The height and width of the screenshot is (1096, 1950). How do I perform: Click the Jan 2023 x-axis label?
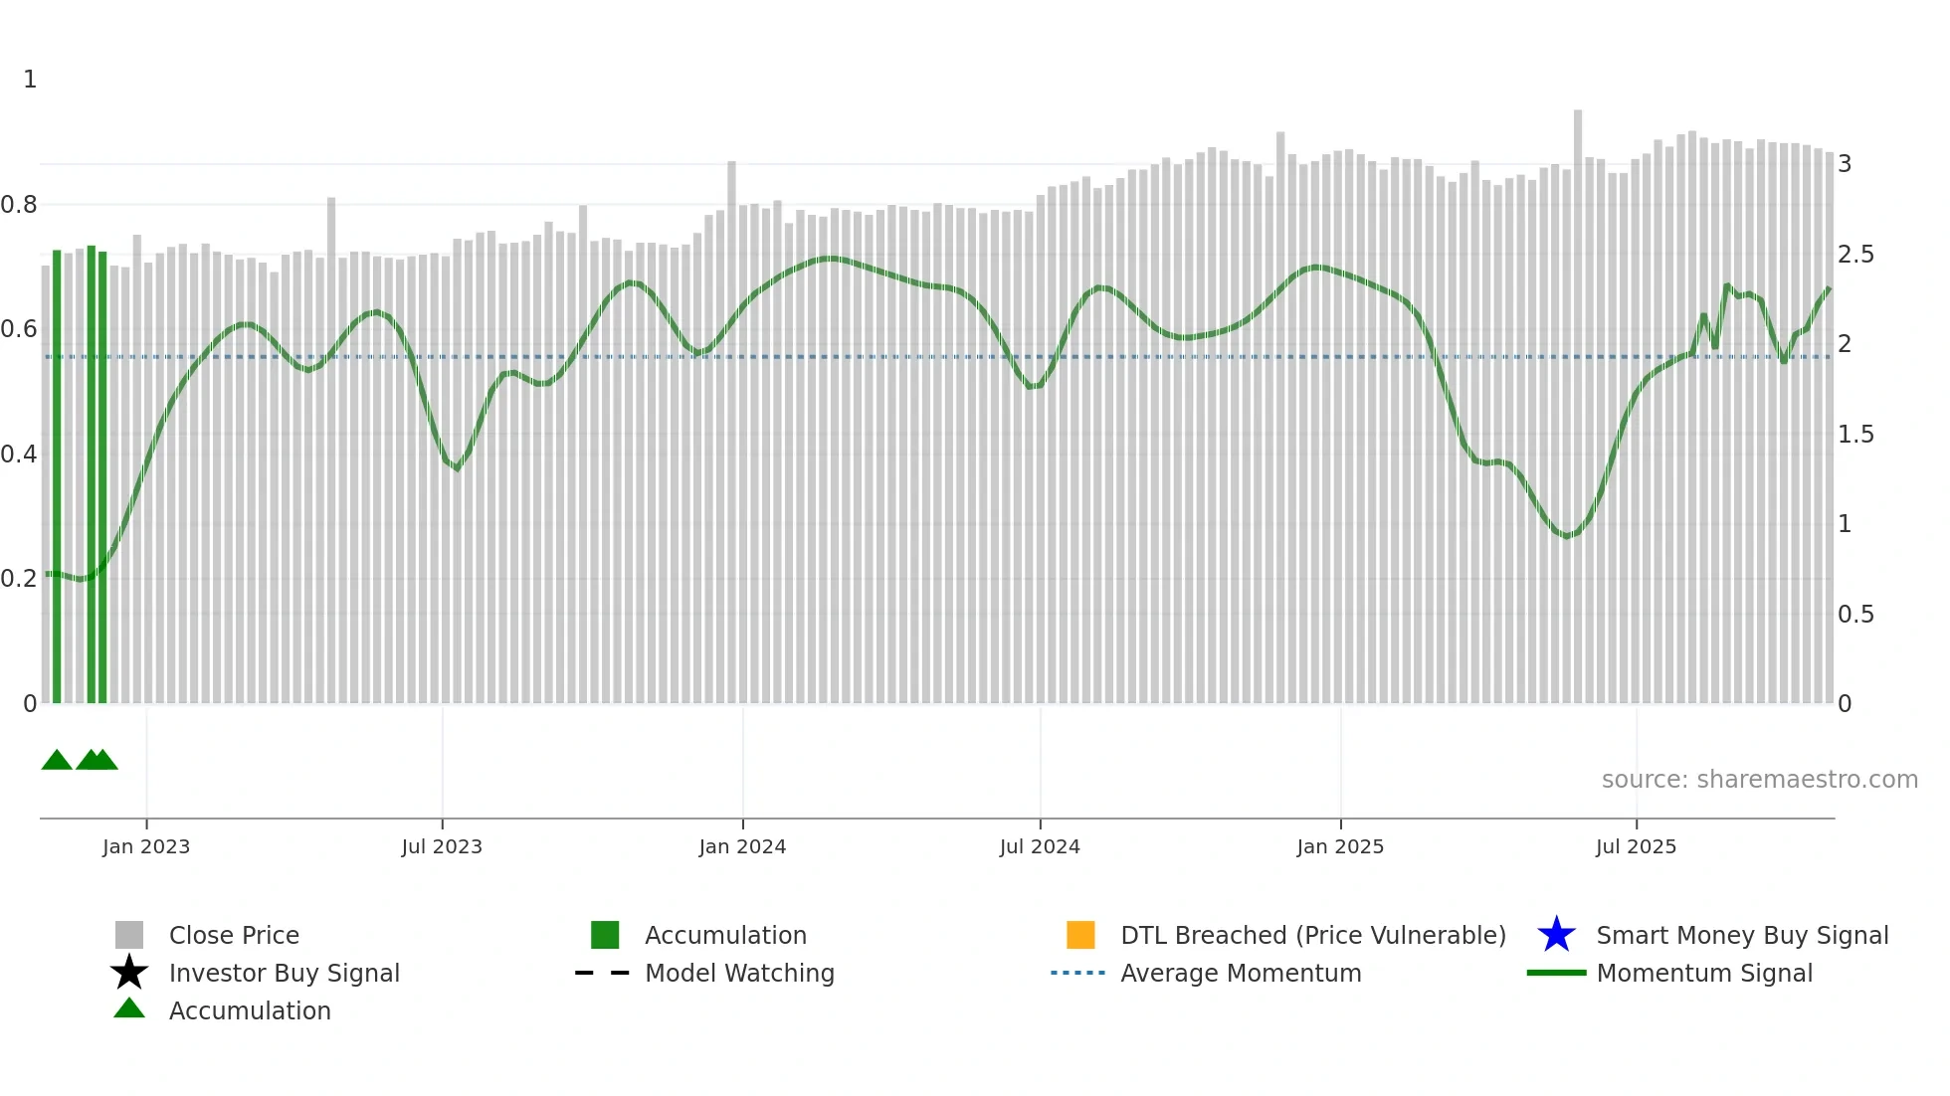146,846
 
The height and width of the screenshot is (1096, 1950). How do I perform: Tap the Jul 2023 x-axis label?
442,846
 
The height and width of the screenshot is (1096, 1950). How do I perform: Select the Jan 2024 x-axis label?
742,846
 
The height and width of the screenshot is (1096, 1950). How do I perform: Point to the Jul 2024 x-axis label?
1040,846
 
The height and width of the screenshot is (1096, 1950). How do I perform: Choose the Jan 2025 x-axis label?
1340,846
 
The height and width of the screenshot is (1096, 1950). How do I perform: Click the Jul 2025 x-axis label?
1636,846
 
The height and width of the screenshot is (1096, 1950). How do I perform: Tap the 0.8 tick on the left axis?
19,205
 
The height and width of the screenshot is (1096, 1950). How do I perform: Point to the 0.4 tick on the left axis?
19,455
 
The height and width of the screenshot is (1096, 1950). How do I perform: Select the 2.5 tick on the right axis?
1855,255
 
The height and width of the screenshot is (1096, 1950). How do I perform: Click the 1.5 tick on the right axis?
1855,435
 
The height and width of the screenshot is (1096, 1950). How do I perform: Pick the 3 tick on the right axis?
1845,164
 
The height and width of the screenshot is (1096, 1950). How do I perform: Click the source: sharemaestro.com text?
1759,780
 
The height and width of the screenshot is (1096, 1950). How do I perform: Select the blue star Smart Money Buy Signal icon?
1556,935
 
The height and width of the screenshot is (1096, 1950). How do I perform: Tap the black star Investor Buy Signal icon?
129,973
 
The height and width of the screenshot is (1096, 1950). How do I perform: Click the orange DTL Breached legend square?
1080,935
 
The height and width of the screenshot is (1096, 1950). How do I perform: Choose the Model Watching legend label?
739,973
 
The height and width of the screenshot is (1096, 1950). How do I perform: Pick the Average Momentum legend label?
1241,973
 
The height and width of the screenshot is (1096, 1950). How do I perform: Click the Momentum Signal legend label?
1704,973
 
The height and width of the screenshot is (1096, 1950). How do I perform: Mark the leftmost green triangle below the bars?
57,761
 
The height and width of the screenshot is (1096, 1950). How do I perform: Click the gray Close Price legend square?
129,935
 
